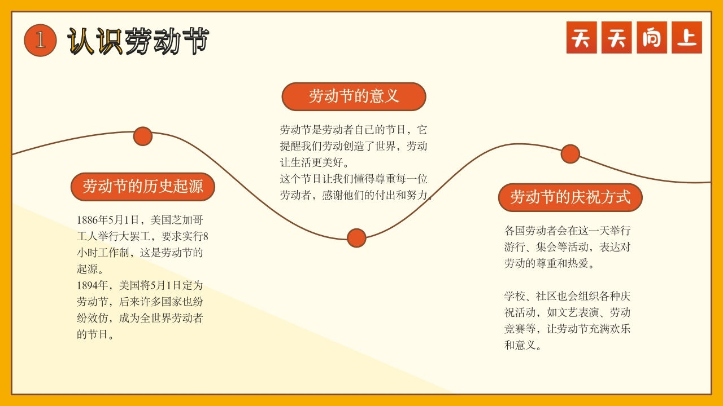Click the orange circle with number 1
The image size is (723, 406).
coord(40,40)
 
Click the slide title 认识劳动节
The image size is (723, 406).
coord(138,41)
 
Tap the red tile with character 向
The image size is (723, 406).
coord(652,37)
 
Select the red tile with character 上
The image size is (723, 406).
coord(687,37)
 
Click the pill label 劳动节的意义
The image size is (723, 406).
coord(354,96)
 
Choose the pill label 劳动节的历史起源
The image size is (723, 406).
coord(143,187)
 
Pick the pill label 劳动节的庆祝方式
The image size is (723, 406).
coord(570,197)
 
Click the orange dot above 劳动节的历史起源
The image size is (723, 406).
coord(143,136)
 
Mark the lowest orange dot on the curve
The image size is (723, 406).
coord(356,238)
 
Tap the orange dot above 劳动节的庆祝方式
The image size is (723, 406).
coord(570,154)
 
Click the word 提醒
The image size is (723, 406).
coord(290,146)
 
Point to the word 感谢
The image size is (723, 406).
coord(333,195)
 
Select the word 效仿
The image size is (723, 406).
coord(98,318)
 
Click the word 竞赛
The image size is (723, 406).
coord(515,329)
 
